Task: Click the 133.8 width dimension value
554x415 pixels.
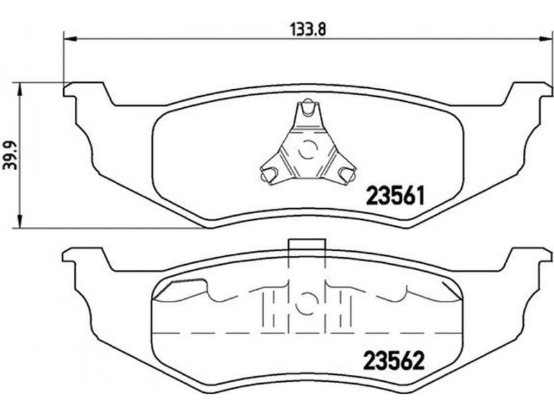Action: tap(307, 28)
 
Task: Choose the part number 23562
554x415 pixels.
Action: tap(393, 360)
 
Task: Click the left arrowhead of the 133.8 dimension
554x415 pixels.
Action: tap(70, 39)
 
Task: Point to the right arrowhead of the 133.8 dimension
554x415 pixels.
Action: tap(545, 39)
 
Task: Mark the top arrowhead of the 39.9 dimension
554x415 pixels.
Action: tap(21, 90)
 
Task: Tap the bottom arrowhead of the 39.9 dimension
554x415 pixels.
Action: tap(21, 221)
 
